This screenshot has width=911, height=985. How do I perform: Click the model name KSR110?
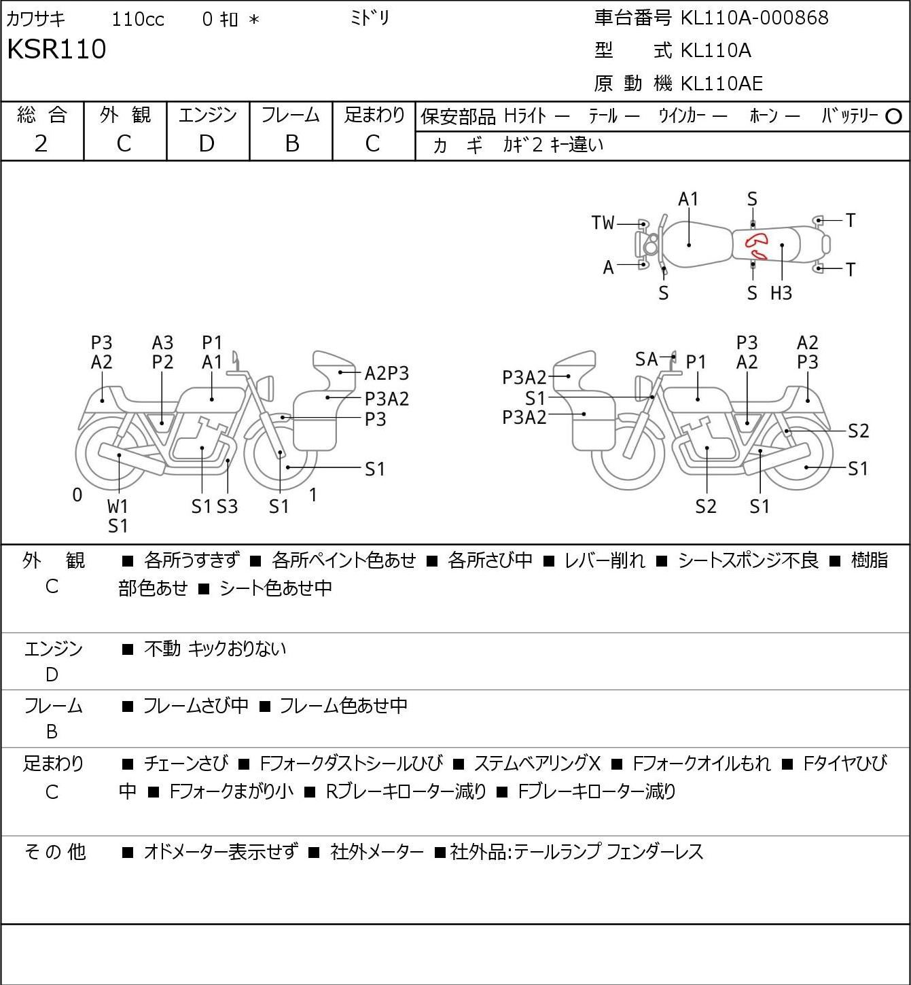[56, 49]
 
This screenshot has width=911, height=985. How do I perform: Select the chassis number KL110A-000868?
[754, 18]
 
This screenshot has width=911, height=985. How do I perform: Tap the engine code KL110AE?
[721, 84]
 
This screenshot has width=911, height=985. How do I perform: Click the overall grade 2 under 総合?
[41, 144]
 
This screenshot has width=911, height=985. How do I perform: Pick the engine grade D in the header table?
[207, 144]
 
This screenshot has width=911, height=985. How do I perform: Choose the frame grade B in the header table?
[291, 144]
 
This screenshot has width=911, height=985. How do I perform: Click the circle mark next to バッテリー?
[893, 117]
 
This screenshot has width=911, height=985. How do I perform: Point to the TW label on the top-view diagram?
[603, 223]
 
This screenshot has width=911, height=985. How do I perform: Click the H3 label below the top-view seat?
[781, 293]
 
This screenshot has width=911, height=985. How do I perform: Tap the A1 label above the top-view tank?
[688, 200]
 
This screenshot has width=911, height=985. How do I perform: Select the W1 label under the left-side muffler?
[118, 506]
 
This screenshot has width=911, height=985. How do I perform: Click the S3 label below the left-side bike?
[228, 506]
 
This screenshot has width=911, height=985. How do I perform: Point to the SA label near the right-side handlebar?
[647, 359]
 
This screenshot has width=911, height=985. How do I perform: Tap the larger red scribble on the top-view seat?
[756, 240]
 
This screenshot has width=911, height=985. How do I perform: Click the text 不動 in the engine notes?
[162, 649]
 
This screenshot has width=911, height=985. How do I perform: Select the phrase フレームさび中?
[196, 705]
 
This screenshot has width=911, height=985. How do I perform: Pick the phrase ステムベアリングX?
[537, 764]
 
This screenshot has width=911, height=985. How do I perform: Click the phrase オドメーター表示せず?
[221, 852]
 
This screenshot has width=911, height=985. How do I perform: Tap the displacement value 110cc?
[138, 19]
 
